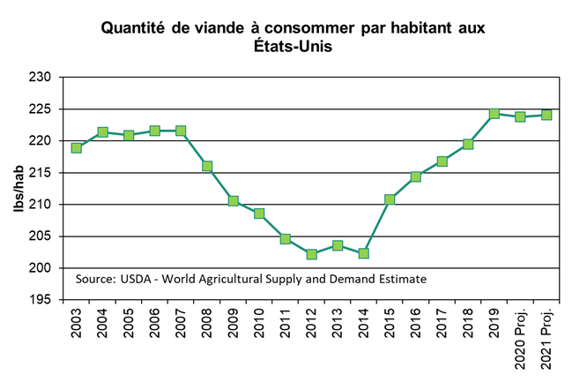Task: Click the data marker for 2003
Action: [77, 148]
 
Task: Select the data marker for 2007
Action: [181, 131]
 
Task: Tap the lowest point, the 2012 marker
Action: [312, 254]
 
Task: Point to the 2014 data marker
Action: [364, 253]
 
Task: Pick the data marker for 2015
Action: [390, 199]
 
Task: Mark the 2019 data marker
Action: [494, 114]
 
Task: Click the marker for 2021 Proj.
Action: [546, 115]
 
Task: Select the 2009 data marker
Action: [234, 201]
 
